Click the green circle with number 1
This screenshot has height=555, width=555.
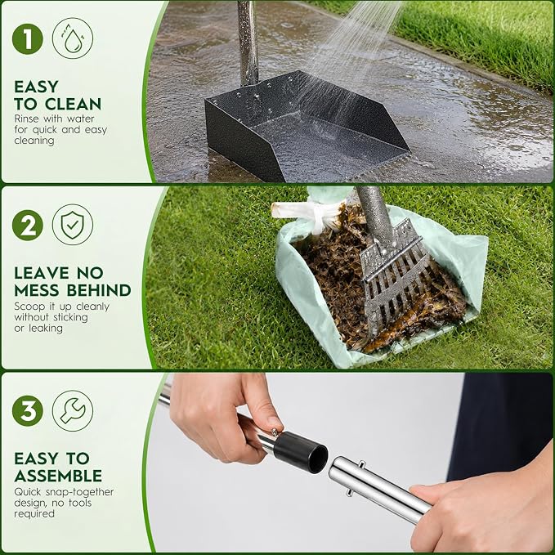pos(28,38)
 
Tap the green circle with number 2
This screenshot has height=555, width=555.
pos(28,225)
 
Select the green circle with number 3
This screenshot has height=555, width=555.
pos(28,411)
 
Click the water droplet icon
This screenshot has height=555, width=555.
pos(73,38)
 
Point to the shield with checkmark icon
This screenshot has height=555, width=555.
pos(73,225)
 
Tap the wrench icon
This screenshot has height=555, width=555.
pos(73,411)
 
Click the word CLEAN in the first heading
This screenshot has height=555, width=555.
pos(74,104)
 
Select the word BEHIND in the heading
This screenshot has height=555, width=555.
pos(99,290)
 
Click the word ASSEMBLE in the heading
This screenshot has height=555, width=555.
pos(58,476)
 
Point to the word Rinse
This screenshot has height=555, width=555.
pos(26,119)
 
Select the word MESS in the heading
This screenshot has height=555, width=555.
pos(37,290)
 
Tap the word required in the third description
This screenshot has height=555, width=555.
pos(34,514)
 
